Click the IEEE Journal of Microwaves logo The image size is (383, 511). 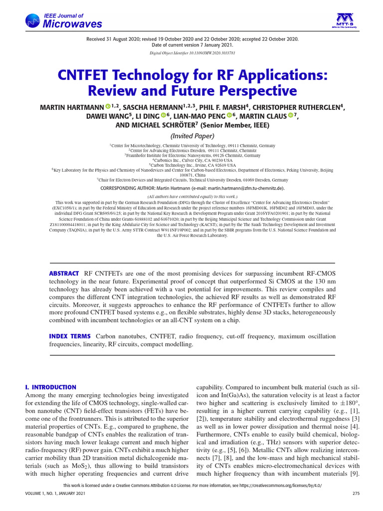(x=63, y=21)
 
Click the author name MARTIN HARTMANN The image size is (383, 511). (x=72, y=107)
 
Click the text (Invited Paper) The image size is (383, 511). (x=192, y=136)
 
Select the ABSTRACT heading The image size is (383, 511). (x=63, y=273)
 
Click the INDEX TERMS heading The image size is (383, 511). (x=69, y=336)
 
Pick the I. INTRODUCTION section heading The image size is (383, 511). (x=50, y=387)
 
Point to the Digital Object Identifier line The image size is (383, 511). (x=192, y=52)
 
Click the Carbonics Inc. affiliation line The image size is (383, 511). (x=192, y=160)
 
